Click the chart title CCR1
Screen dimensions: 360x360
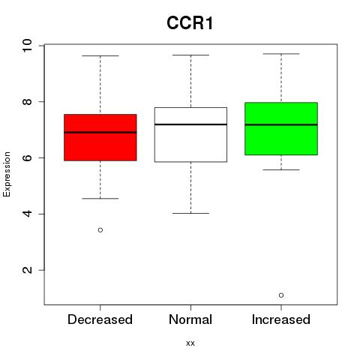[190, 23]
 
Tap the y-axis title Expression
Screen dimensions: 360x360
[7, 174]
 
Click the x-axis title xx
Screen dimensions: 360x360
[190, 343]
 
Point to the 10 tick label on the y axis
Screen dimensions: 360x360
[27, 46]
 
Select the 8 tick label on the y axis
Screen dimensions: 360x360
[27, 101]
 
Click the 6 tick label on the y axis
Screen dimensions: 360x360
[27, 157]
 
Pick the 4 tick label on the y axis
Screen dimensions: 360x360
[27, 214]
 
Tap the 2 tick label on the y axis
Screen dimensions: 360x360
[27, 270]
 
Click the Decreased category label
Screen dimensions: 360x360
[100, 319]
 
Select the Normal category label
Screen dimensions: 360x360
[190, 319]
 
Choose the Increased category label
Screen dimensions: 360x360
[281, 319]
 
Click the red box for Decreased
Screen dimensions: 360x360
[100, 137]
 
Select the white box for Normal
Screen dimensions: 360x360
[190, 135]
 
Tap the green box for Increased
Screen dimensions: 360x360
[281, 129]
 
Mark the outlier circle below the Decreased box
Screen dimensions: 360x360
[100, 230]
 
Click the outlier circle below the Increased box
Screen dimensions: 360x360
[281, 295]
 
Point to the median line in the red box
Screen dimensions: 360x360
[100, 133]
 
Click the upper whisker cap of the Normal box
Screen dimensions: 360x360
[190, 55]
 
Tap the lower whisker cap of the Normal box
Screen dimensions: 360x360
[190, 213]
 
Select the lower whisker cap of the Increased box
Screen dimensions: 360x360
[281, 169]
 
